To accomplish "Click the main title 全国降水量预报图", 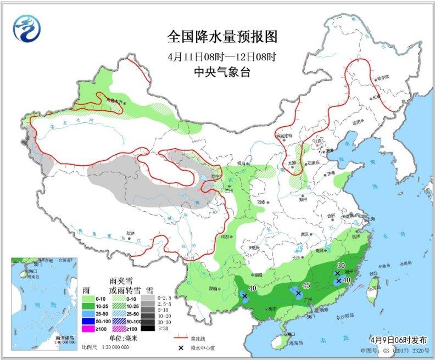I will click(x=222, y=37).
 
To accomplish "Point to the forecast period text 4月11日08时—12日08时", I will click(x=222, y=55).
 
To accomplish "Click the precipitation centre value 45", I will click(x=306, y=285).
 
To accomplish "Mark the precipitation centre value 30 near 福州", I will click(x=341, y=265).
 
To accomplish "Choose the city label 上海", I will click(x=372, y=218).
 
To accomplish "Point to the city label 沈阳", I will click(x=358, y=122).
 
